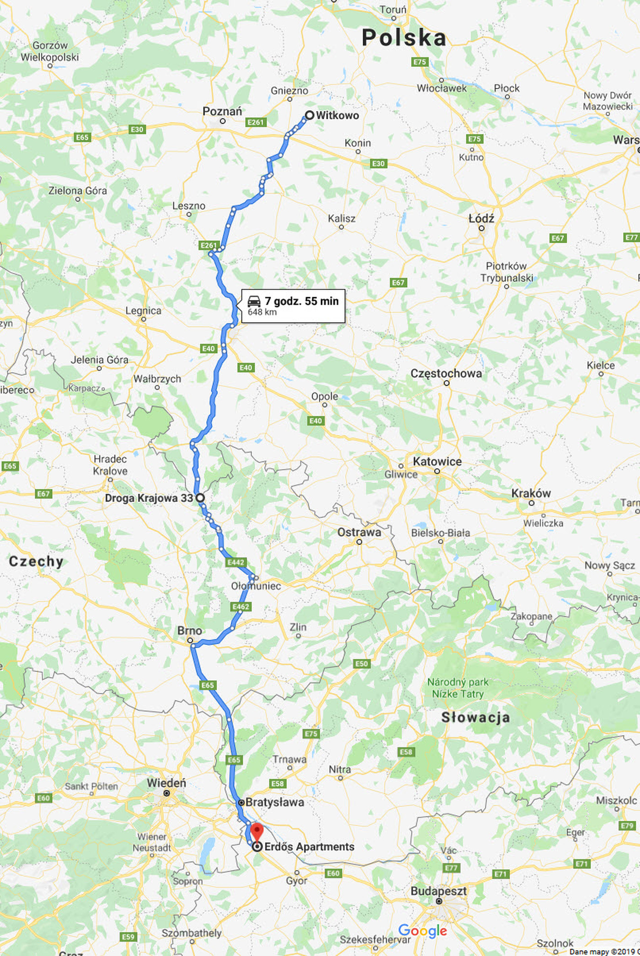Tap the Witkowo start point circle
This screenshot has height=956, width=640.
(x=309, y=115)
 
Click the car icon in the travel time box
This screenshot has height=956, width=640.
(x=254, y=301)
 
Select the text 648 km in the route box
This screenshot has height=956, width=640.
(x=262, y=312)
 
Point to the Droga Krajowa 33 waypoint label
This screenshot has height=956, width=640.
(x=149, y=498)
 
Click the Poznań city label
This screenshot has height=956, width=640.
(x=222, y=112)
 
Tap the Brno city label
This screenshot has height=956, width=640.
(x=190, y=631)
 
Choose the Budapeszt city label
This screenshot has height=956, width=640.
(x=438, y=891)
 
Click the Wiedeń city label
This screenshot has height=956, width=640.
(x=166, y=783)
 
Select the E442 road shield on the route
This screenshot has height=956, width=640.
(x=236, y=562)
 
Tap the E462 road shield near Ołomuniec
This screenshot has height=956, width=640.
(x=240, y=607)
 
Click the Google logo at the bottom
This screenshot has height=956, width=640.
(x=422, y=930)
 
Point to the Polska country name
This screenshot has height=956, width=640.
(x=404, y=38)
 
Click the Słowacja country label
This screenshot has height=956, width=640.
(x=475, y=717)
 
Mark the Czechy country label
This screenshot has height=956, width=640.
(x=36, y=561)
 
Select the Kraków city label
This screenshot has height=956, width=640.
(x=531, y=493)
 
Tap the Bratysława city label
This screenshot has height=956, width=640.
(x=274, y=802)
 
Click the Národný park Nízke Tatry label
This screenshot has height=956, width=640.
(x=458, y=688)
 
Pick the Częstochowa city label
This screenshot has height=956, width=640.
(x=446, y=374)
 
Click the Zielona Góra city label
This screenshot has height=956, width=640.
(x=78, y=191)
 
